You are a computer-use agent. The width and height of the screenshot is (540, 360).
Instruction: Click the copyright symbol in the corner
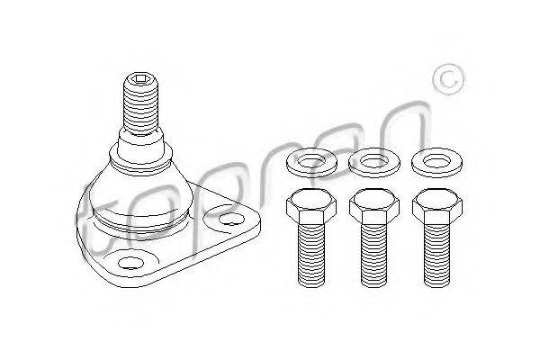(448, 79)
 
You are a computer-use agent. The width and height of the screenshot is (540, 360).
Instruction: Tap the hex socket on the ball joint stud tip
(141, 79)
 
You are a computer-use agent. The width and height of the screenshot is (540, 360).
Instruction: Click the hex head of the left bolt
(311, 206)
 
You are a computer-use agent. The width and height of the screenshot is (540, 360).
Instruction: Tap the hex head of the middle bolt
(374, 206)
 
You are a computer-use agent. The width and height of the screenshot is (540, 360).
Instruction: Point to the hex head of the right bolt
(437, 206)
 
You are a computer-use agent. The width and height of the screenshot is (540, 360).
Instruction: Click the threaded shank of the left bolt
(311, 256)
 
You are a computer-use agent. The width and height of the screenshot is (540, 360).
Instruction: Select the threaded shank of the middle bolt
(374, 256)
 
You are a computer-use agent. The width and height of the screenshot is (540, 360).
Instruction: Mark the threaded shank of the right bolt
(437, 256)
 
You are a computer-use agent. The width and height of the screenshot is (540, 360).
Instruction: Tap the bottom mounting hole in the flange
(130, 263)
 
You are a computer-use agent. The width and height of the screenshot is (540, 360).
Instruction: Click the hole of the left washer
(311, 162)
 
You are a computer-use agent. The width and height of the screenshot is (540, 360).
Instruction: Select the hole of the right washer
(437, 162)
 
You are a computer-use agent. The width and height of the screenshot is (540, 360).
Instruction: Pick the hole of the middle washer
(374, 162)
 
